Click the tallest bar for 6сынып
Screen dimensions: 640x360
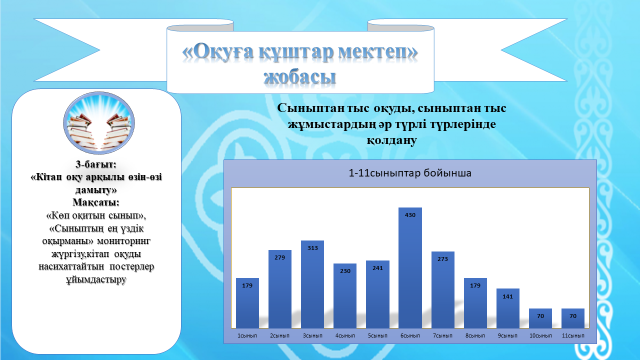tap(410, 267)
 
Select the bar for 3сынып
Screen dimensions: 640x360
tap(312, 284)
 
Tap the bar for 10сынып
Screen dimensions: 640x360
tap(540, 318)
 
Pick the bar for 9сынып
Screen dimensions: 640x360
tap(507, 308)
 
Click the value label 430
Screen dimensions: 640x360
tap(410, 215)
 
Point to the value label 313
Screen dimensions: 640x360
tap(312, 248)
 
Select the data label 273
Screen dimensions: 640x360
tap(442, 259)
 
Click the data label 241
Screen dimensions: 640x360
tap(377, 268)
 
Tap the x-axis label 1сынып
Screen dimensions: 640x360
tap(247, 335)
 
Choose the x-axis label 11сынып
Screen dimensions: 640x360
tap(573, 335)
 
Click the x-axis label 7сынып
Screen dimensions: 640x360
tap(442, 335)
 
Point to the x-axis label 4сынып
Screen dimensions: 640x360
tap(345, 335)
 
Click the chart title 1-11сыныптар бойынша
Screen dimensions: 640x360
tap(410, 173)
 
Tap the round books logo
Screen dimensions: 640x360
tap(99, 122)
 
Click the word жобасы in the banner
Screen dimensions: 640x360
tap(299, 77)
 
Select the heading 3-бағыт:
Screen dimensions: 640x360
tap(96, 164)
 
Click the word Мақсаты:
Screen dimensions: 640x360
tap(96, 202)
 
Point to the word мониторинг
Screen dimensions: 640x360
tap(123, 241)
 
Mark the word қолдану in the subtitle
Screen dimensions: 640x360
tap(391, 140)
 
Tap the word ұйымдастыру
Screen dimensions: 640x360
tap(96, 279)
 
